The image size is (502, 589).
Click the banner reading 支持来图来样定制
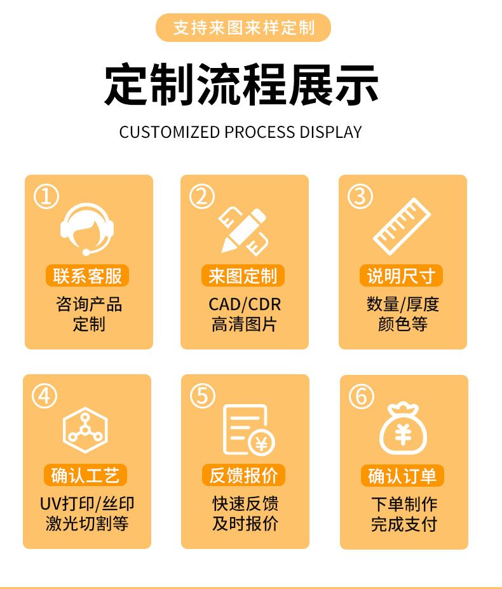click(243, 27)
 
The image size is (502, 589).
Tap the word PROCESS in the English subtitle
click(260, 132)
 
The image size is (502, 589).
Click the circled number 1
click(46, 196)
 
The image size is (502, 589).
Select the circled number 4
click(44, 396)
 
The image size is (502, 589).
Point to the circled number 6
click(362, 396)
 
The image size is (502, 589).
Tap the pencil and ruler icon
click(243, 230)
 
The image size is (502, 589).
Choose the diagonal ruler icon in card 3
click(402, 226)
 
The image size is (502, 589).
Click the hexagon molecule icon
click(85, 430)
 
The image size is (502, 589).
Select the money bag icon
click(403, 429)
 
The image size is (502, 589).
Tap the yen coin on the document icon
click(262, 443)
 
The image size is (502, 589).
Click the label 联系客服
click(87, 276)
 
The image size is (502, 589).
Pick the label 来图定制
click(243, 276)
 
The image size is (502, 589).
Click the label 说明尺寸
click(402, 276)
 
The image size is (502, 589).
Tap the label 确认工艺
click(85, 475)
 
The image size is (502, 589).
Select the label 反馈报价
click(243, 475)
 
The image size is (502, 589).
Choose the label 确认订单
click(402, 475)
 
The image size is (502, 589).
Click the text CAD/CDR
click(245, 304)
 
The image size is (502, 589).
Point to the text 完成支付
click(404, 524)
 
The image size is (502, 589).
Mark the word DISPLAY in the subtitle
click(330, 132)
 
